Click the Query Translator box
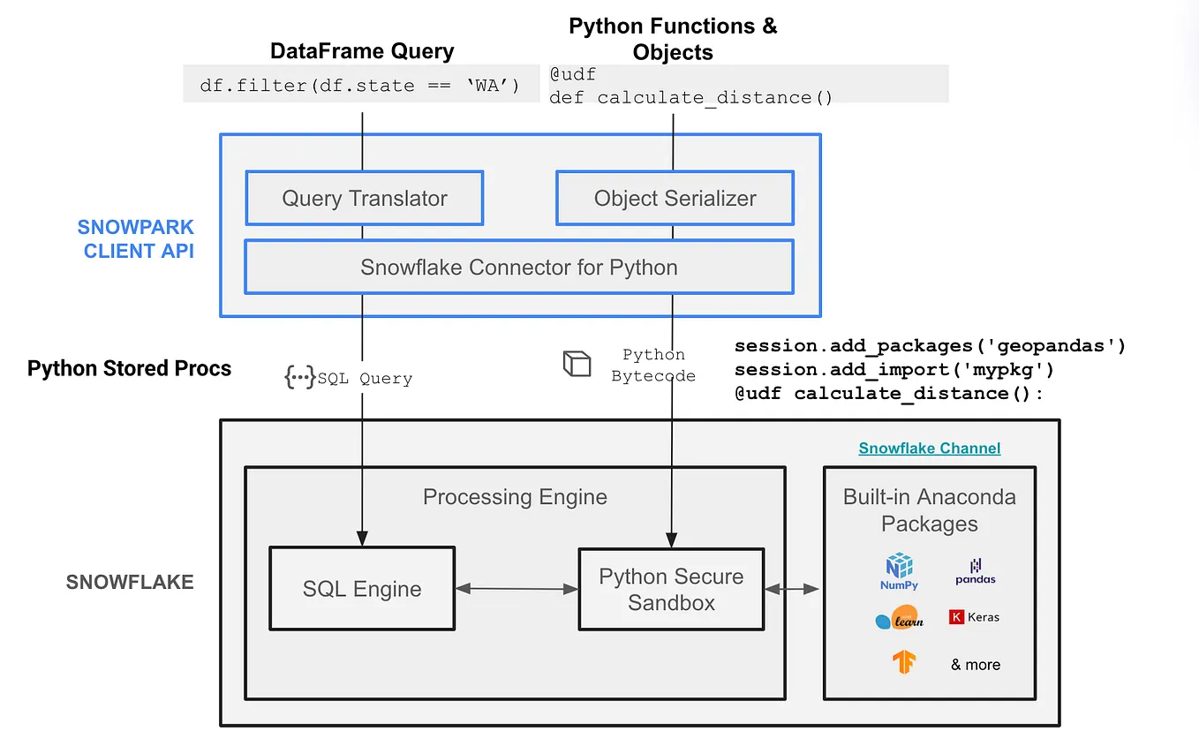(364, 198)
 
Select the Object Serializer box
(675, 198)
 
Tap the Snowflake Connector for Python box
(518, 267)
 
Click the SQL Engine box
(362, 588)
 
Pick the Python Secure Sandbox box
(671, 589)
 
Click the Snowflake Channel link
(929, 449)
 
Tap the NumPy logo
(899, 570)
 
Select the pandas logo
(975, 571)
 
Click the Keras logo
(975, 617)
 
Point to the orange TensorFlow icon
(903, 662)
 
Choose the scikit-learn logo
(899, 618)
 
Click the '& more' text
(976, 665)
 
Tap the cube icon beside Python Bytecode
(577, 364)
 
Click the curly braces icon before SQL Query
(298, 378)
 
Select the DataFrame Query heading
(362, 51)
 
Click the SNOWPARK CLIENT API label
(136, 239)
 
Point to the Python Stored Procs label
(129, 368)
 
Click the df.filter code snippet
(360, 86)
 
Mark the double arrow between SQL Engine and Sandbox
(517, 588)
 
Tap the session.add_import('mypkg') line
(894, 369)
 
